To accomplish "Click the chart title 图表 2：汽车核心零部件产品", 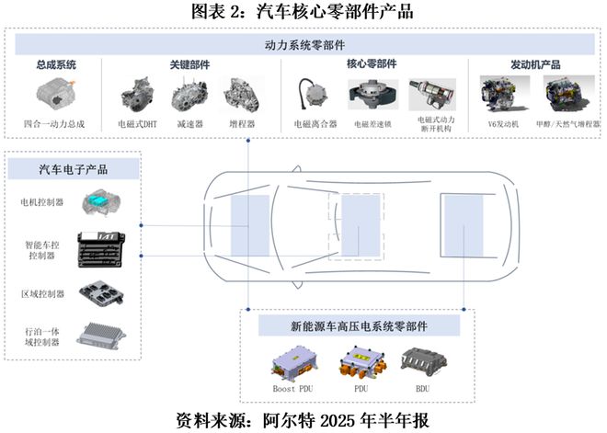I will (x=303, y=12).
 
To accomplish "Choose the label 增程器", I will (x=243, y=123).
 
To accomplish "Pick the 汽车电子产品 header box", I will (x=73, y=168).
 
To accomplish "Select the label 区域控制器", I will (x=41, y=294).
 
